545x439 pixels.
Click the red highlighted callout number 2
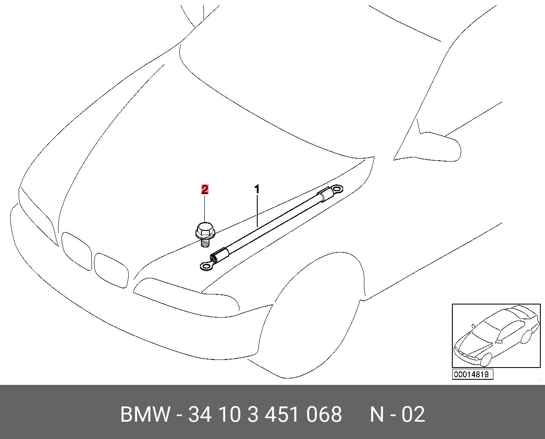[205, 189]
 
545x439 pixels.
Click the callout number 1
[257, 189]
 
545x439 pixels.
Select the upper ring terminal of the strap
[336, 189]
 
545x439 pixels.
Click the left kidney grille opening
[77, 251]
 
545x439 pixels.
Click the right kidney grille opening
[111, 270]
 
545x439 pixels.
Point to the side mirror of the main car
[439, 147]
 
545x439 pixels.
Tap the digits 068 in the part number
[324, 414]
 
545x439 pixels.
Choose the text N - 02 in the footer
[398, 414]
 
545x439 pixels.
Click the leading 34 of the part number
[200, 414]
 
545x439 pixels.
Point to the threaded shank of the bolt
[205, 243]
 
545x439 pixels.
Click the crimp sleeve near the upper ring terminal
[324, 195]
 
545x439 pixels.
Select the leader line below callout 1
[257, 211]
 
